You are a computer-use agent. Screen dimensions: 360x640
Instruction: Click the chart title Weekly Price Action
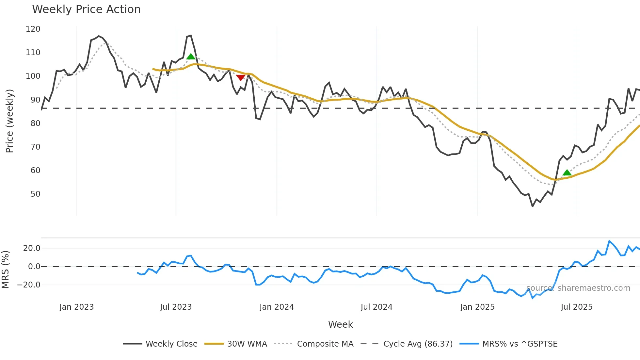[x=86, y=9]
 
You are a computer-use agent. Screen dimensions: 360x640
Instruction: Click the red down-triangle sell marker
[x=241, y=78]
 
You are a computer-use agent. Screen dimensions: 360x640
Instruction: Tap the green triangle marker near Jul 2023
[x=191, y=57]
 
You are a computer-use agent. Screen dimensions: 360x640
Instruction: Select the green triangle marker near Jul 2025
[x=567, y=173]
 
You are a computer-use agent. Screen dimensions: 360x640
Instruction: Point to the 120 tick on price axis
[x=33, y=29]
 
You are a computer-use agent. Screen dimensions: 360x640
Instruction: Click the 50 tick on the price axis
[x=35, y=194]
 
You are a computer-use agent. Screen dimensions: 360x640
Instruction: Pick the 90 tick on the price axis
[x=35, y=100]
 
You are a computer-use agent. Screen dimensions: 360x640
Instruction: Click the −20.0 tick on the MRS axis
[x=29, y=285]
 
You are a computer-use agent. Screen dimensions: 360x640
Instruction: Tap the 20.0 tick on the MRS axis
[x=32, y=248]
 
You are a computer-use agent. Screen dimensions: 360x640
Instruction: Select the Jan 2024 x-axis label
[x=277, y=307]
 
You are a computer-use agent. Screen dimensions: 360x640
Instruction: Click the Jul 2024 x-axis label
[x=376, y=307]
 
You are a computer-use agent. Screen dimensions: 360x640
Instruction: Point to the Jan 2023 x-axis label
[x=76, y=307]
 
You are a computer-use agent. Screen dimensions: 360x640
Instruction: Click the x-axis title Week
[x=340, y=324]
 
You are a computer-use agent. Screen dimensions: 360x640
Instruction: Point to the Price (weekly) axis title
[x=9, y=121]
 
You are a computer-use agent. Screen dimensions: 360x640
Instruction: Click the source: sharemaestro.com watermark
[x=578, y=288]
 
